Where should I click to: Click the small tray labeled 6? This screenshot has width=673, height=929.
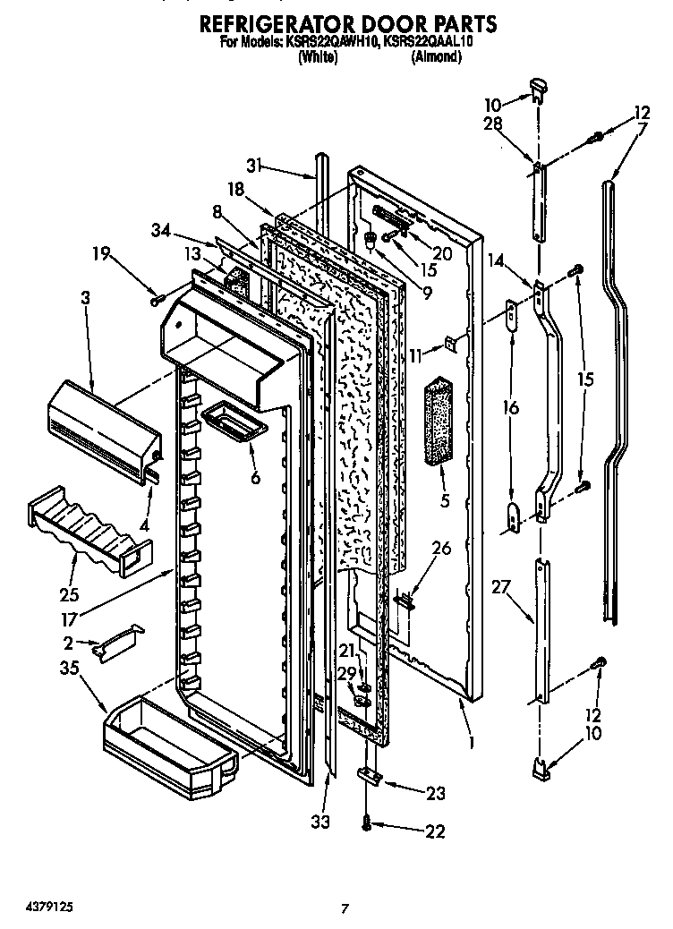[x=234, y=420]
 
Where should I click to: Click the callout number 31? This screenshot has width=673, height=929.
[x=254, y=165]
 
